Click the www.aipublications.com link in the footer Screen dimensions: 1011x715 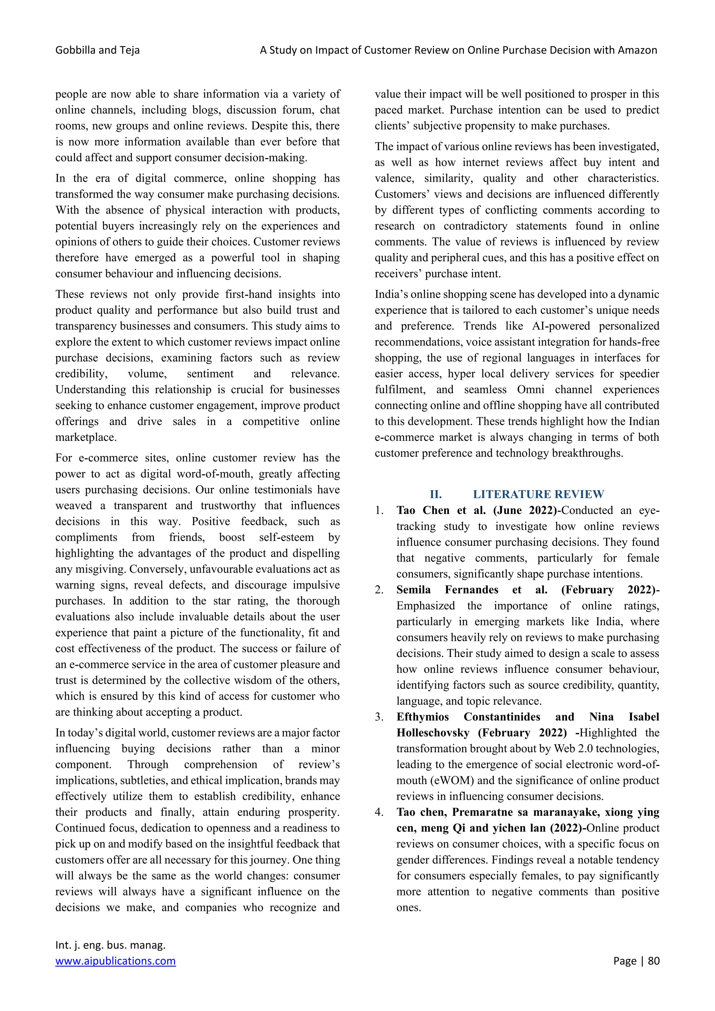[x=115, y=960]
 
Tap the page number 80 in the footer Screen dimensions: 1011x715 [x=653, y=960]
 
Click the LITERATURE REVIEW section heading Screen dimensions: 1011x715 [x=538, y=494]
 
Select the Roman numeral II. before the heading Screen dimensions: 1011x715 [x=435, y=494]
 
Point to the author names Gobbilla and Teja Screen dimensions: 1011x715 [x=97, y=50]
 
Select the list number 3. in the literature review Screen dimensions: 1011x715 [x=379, y=717]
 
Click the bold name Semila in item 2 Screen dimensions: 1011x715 [x=413, y=590]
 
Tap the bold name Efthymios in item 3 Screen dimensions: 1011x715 [x=422, y=717]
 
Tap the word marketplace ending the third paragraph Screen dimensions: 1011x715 [x=86, y=437]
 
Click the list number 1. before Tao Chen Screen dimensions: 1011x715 [x=379, y=510]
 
